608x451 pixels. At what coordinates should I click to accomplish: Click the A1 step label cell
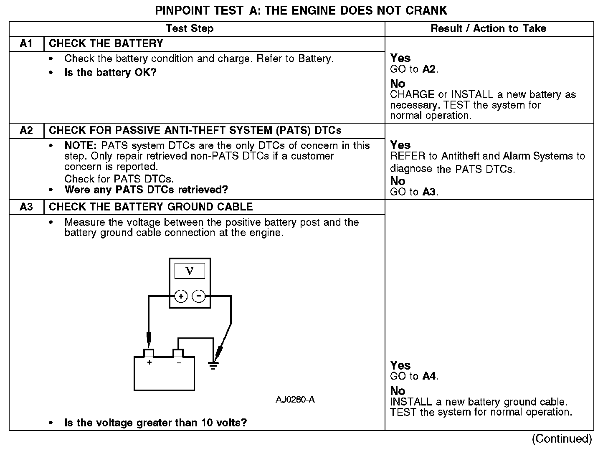[26, 44]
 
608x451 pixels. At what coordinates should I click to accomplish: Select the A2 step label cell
[26, 131]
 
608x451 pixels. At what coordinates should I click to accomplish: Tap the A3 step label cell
[26, 207]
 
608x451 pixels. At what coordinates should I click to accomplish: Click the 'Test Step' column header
[190, 28]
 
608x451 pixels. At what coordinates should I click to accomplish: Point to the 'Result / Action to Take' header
[488, 28]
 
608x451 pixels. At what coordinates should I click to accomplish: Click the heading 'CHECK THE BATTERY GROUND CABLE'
[151, 207]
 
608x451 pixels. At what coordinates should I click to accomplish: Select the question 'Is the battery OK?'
[110, 73]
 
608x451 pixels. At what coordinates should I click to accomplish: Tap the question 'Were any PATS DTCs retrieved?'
[146, 190]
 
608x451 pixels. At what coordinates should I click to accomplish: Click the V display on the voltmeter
[190, 271]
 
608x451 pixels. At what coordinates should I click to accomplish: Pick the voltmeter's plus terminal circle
[180, 296]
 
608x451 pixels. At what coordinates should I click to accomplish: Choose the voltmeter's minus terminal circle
[198, 296]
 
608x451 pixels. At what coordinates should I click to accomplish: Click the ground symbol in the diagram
[213, 366]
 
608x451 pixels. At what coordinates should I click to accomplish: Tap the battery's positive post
[149, 353]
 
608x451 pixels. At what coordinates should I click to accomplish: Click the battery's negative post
[178, 353]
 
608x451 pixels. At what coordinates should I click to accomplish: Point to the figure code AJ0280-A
[295, 400]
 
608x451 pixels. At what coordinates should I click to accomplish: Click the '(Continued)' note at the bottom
[562, 439]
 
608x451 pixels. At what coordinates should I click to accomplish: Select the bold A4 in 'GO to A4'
[429, 376]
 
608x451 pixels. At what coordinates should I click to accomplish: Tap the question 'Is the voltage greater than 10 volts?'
[155, 423]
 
